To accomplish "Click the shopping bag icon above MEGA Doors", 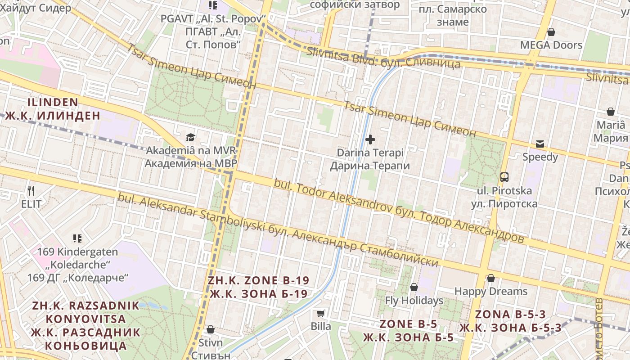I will tap(551, 32).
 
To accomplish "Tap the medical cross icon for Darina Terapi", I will tap(370, 139).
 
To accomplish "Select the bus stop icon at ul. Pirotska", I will tap(504, 177).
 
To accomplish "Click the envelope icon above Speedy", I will tap(540, 144).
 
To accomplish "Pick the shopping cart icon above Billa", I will tap(320, 313).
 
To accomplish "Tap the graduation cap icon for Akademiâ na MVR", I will tap(190, 137).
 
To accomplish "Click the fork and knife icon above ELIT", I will tap(31, 191).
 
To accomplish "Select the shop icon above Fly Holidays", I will tap(414, 287).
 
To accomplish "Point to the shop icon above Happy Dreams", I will tap(490, 278).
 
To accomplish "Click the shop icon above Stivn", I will tap(210, 329).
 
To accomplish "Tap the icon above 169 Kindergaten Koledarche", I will tap(77, 238).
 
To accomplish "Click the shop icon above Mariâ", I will tap(611, 112).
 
